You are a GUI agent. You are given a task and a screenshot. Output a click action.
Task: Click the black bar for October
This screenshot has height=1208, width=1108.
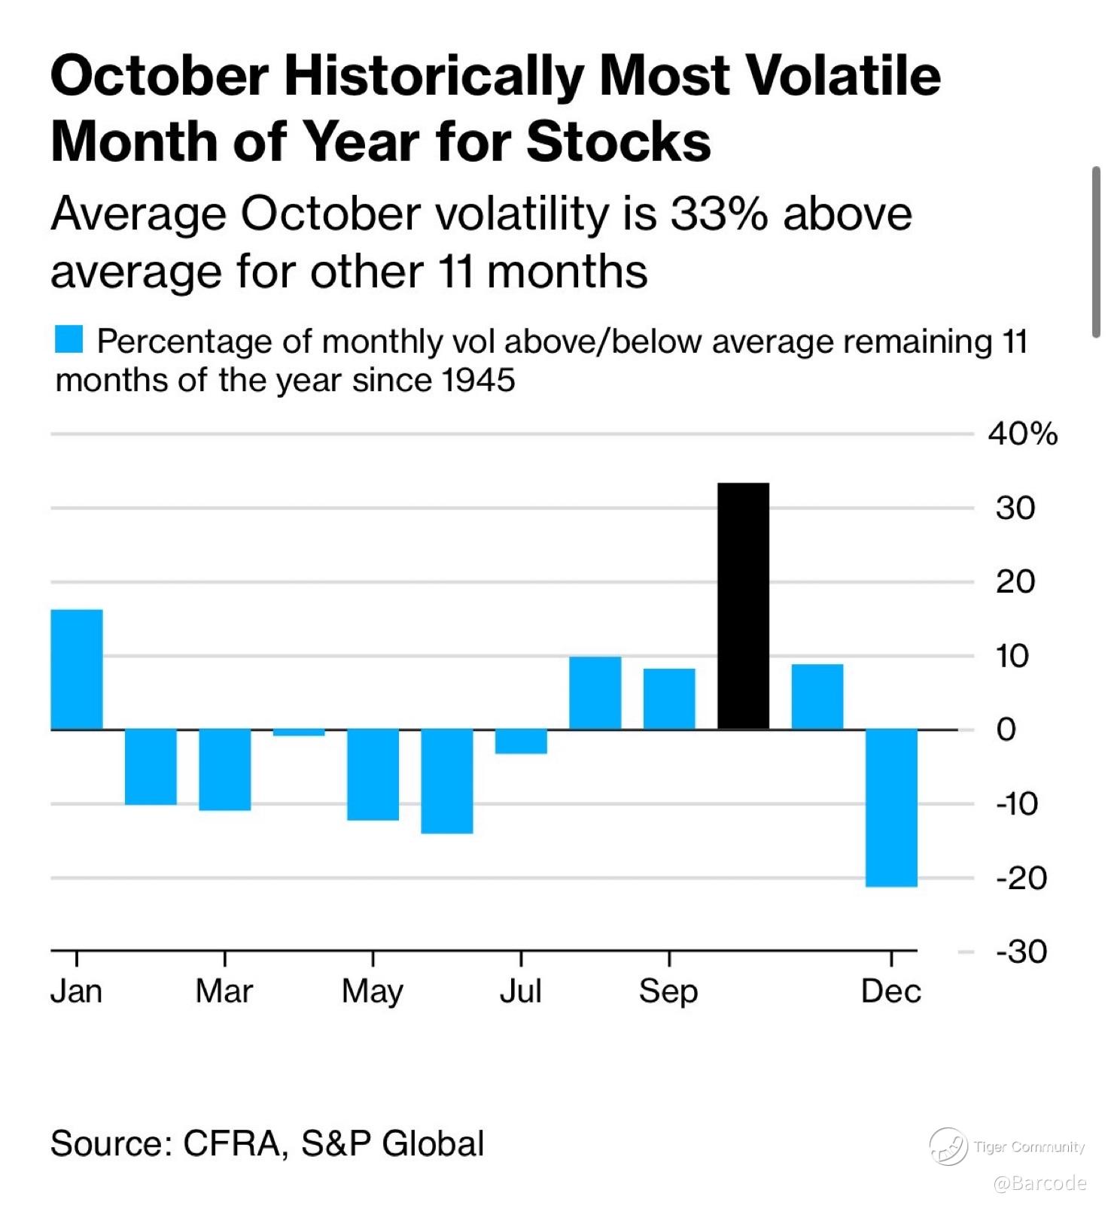click(743, 606)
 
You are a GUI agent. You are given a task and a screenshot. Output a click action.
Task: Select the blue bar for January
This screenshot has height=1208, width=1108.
click(77, 669)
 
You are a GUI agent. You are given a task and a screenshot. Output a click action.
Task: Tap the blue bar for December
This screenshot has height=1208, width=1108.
click(891, 808)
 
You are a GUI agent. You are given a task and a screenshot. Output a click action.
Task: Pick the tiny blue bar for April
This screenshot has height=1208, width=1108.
click(299, 733)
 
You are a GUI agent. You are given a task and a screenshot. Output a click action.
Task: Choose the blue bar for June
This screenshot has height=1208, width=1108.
click(447, 781)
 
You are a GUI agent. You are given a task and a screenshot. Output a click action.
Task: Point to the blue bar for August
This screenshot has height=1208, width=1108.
click(595, 693)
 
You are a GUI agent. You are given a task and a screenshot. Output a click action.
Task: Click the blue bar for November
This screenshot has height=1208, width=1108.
click(817, 697)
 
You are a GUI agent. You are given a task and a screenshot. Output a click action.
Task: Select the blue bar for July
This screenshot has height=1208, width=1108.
click(521, 742)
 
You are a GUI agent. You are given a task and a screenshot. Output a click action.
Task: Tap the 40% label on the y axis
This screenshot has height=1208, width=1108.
click(1023, 435)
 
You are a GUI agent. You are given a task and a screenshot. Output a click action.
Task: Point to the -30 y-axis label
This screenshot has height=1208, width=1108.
click(1021, 952)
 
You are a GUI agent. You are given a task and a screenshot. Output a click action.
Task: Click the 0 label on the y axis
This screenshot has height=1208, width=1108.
click(1006, 730)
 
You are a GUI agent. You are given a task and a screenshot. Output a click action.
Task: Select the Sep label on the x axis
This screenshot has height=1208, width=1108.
click(668, 991)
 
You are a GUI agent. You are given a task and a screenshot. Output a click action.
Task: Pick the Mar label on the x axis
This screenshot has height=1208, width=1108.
click(224, 991)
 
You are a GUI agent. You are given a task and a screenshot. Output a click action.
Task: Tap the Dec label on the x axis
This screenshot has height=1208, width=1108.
click(891, 991)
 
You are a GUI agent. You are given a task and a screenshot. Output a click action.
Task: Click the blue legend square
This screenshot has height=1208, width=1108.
click(69, 339)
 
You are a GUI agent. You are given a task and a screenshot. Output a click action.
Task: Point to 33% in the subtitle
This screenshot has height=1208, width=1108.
click(719, 214)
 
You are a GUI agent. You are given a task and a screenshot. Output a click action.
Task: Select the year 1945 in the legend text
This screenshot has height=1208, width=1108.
click(479, 381)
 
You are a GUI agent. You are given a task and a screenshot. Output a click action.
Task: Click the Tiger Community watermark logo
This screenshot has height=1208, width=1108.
click(948, 1147)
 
